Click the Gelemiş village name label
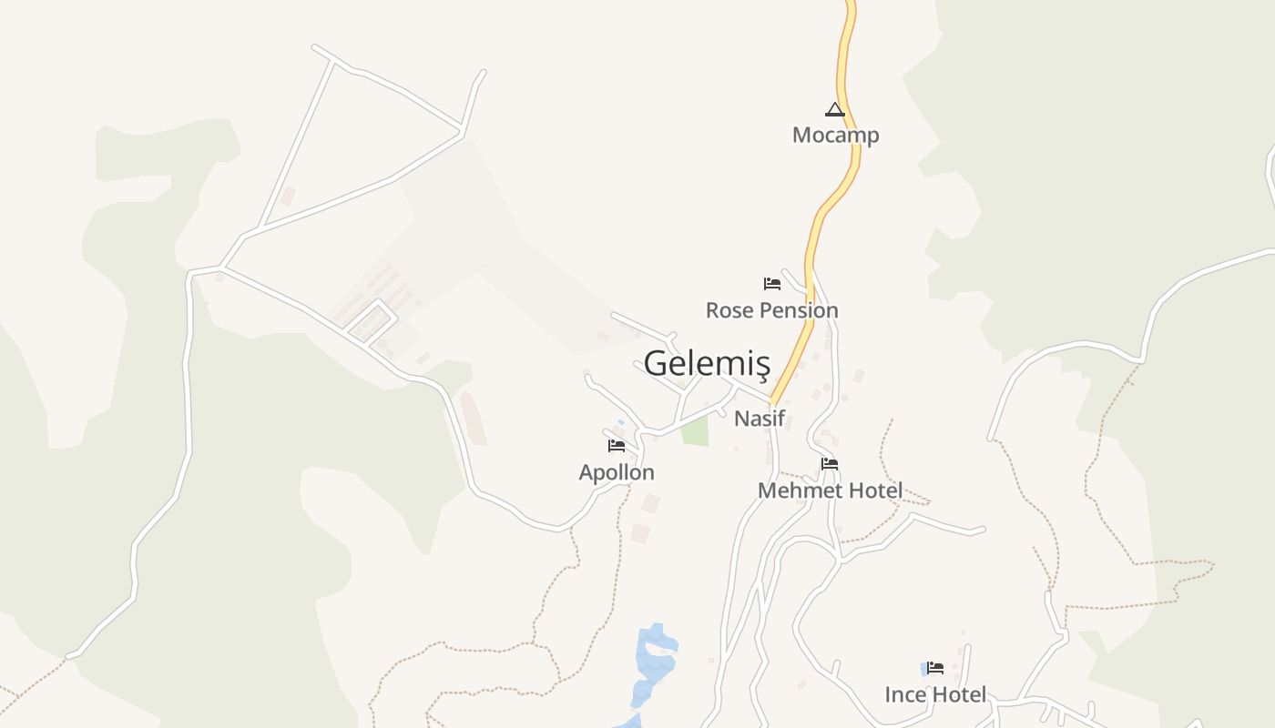point(707,363)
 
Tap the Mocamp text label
point(835,136)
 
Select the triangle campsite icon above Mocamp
point(834,110)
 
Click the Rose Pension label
point(771,310)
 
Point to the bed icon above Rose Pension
point(772,284)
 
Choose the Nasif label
point(760,419)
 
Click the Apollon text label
point(617,472)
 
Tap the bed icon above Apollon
point(617,446)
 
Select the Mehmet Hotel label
point(830,491)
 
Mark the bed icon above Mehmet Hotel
point(829,464)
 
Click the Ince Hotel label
point(935,695)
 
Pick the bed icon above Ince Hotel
point(935,668)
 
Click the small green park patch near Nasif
point(695,431)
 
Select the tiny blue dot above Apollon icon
point(621,422)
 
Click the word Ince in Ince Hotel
point(907,695)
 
